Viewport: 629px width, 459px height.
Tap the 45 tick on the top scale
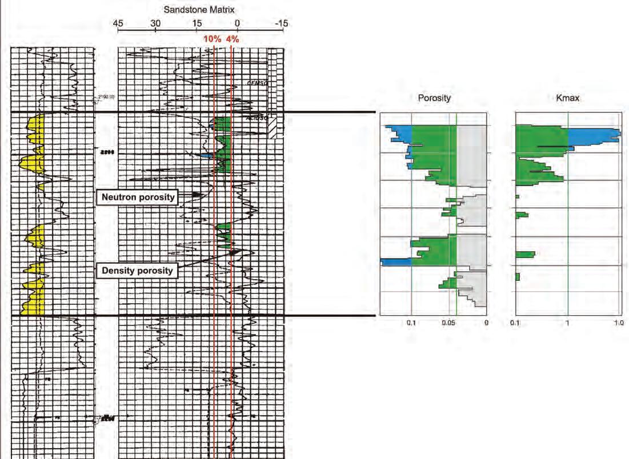point(118,23)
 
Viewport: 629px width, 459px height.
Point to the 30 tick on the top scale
point(155,23)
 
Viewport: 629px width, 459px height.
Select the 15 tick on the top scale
point(196,23)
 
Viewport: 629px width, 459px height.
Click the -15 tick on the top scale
point(281,23)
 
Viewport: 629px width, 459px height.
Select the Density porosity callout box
point(137,270)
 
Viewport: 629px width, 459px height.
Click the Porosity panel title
point(435,98)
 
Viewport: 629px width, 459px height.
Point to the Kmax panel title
point(567,98)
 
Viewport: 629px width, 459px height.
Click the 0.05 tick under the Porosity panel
point(448,324)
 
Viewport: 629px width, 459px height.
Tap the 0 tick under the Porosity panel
point(486,324)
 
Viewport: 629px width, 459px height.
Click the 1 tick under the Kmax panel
point(568,324)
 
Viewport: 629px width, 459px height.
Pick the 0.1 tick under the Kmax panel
point(517,324)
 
